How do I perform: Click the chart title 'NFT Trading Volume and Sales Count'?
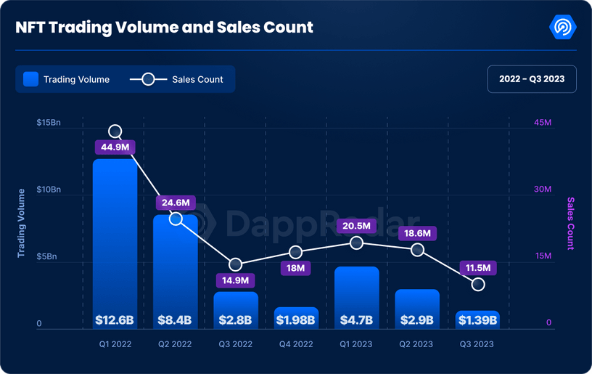click(165, 28)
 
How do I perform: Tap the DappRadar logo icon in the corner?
click(563, 28)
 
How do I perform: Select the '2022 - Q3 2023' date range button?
click(532, 78)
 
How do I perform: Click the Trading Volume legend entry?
click(67, 79)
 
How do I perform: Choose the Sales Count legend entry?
click(177, 79)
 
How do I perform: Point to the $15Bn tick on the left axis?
click(49, 123)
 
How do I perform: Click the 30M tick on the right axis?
click(543, 190)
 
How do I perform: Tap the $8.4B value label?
click(175, 320)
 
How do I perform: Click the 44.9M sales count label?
click(115, 147)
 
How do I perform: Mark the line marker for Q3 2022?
click(236, 264)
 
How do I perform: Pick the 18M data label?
click(295, 268)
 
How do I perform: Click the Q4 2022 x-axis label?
click(295, 344)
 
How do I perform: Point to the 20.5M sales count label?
click(356, 226)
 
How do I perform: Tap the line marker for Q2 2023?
click(417, 250)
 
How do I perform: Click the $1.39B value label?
click(477, 320)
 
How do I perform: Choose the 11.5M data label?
click(477, 268)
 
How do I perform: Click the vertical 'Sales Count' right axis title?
click(570, 223)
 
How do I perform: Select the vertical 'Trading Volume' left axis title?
click(21, 223)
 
